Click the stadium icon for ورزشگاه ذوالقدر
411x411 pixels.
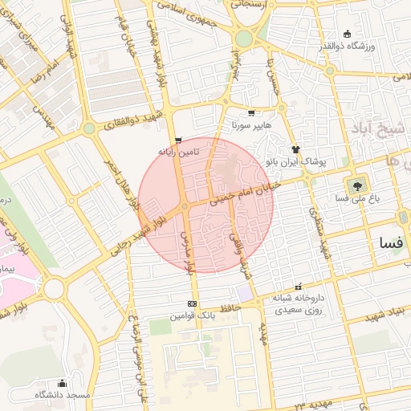point(347,34)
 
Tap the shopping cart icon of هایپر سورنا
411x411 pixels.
point(252,113)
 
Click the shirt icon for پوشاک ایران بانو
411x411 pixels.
point(295,149)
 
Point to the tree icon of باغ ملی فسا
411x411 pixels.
point(354,184)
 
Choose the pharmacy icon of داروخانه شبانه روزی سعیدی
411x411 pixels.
point(299,287)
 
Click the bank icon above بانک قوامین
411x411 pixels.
point(191,303)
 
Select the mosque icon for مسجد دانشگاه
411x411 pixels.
point(62,383)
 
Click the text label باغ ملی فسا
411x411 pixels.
point(353,197)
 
